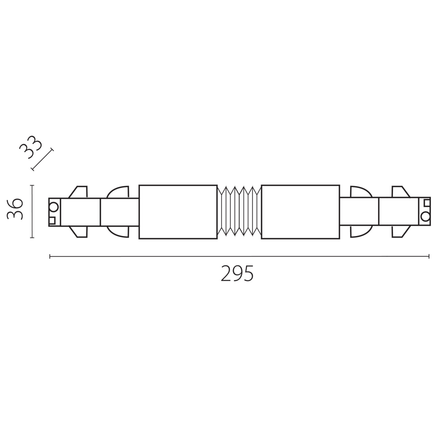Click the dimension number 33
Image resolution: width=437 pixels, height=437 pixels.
point(31,147)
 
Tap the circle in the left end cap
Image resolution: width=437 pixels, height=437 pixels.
point(54,207)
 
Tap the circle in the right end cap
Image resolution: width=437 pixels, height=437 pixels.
point(425,217)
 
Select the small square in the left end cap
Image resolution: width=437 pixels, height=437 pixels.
point(52,220)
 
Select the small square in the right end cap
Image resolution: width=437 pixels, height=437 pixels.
point(427,202)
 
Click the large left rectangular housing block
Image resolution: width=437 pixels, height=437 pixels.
point(178,212)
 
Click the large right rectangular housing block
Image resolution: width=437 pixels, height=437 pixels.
point(300,212)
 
